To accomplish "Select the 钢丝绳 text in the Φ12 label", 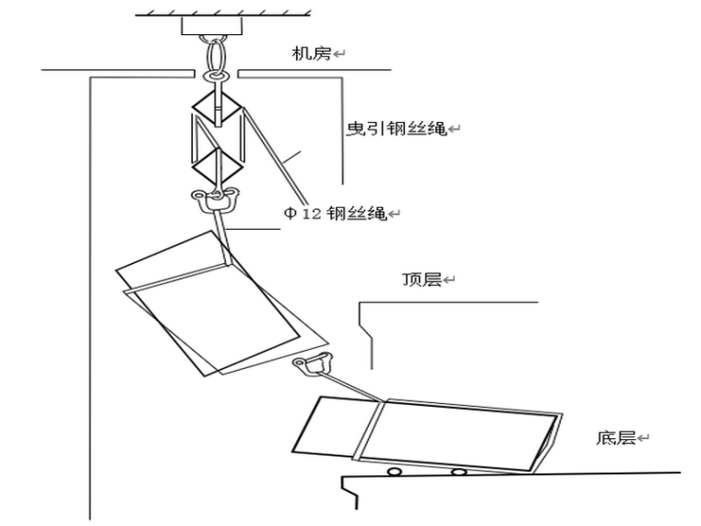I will click(355, 213).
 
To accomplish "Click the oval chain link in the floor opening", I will click(215, 62).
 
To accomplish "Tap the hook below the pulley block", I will click(216, 196).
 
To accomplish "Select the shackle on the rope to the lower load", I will click(313, 363).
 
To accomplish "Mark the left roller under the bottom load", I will click(394, 472).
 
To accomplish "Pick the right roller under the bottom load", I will click(457, 472).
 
